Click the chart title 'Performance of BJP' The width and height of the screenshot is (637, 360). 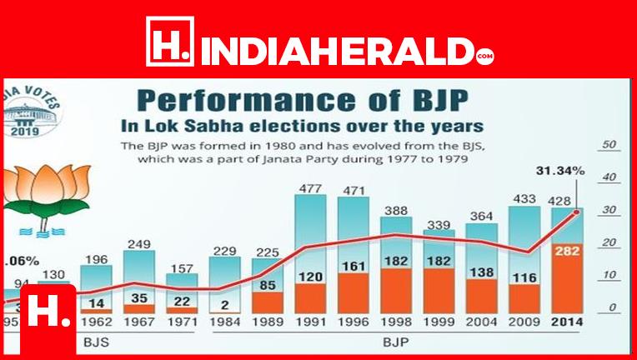(303, 101)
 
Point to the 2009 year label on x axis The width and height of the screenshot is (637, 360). (526, 322)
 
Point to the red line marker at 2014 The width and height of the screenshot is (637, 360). (576, 212)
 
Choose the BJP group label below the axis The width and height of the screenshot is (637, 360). (397, 342)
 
